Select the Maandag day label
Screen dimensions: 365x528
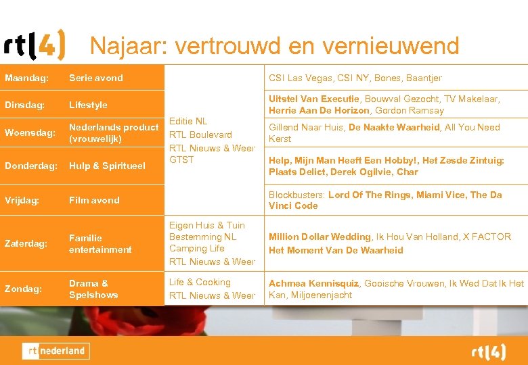click(26, 78)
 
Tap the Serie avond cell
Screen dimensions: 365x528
click(95, 78)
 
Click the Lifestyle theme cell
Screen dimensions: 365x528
click(88, 105)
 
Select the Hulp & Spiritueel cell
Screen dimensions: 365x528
click(107, 166)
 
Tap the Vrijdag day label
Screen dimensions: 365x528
click(23, 200)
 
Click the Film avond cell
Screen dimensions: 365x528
click(93, 200)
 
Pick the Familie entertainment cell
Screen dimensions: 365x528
click(100, 243)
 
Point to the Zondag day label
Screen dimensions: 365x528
click(23, 289)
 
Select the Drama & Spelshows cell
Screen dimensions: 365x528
click(93, 289)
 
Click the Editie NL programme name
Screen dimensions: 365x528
click(188, 121)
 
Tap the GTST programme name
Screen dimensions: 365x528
click(181, 160)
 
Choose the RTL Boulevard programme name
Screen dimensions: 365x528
click(200, 135)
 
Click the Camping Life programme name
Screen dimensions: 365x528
click(196, 248)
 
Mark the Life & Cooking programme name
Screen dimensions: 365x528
click(200, 282)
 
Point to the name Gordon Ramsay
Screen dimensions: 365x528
click(418, 110)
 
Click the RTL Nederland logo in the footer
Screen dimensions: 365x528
click(56, 351)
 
